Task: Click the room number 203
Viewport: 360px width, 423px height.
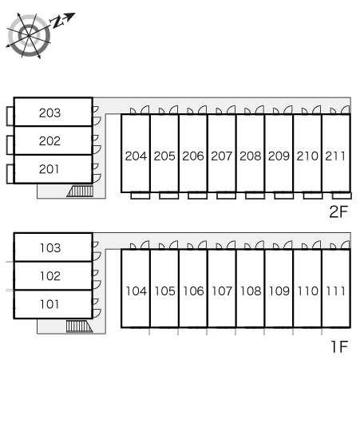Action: pyautogui.click(x=50, y=113)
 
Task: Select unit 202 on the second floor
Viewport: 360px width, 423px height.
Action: pyautogui.click(x=50, y=140)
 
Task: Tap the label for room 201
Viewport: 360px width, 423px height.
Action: pyautogui.click(x=49, y=169)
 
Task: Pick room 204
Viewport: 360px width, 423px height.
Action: pyautogui.click(x=136, y=156)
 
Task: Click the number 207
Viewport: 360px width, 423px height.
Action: pyautogui.click(x=222, y=156)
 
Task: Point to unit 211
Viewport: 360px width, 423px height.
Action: pyautogui.click(x=335, y=156)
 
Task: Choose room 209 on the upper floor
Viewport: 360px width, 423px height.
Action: pyautogui.click(x=279, y=156)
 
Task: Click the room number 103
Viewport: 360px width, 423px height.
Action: pyautogui.click(x=50, y=248)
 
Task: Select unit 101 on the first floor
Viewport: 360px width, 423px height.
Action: pyautogui.click(x=49, y=304)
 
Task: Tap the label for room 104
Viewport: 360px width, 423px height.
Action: pyautogui.click(x=136, y=291)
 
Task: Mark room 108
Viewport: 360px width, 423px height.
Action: pyautogui.click(x=251, y=291)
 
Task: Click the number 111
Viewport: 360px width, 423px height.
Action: pyautogui.click(x=336, y=291)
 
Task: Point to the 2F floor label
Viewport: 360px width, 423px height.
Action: pyautogui.click(x=338, y=211)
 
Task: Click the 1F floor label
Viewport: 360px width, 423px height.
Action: pyautogui.click(x=339, y=346)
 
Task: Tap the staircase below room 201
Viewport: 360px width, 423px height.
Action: pyautogui.click(x=80, y=191)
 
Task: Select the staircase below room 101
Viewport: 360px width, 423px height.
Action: pyautogui.click(x=79, y=326)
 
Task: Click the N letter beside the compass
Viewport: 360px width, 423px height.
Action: pyautogui.click(x=57, y=22)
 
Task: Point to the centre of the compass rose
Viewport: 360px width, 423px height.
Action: pyautogui.click(x=29, y=35)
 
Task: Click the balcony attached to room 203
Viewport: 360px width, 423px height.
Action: pyautogui.click(x=10, y=116)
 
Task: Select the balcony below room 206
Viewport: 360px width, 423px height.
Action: pyautogui.click(x=197, y=196)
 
